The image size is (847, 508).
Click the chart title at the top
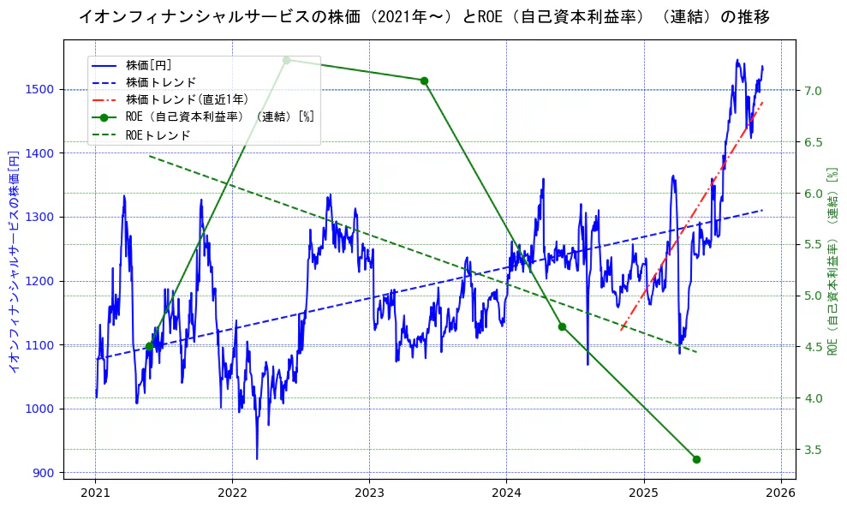pos(424,17)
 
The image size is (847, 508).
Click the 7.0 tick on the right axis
pos(814,91)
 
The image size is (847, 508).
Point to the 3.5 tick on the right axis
pos(814,450)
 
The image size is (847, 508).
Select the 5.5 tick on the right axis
pos(814,245)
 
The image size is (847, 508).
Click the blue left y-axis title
pos(14,261)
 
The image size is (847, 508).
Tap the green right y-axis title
pos(832,261)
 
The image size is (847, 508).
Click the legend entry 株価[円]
pos(148,64)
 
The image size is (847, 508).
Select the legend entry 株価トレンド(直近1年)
pos(187,99)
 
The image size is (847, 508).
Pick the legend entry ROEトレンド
pos(158,135)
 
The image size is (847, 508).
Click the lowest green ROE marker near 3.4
pos(696,459)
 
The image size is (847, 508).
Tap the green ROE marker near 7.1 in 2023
pos(424,81)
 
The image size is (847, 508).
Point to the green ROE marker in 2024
pos(562,326)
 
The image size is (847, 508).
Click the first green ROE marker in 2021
pos(149,346)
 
